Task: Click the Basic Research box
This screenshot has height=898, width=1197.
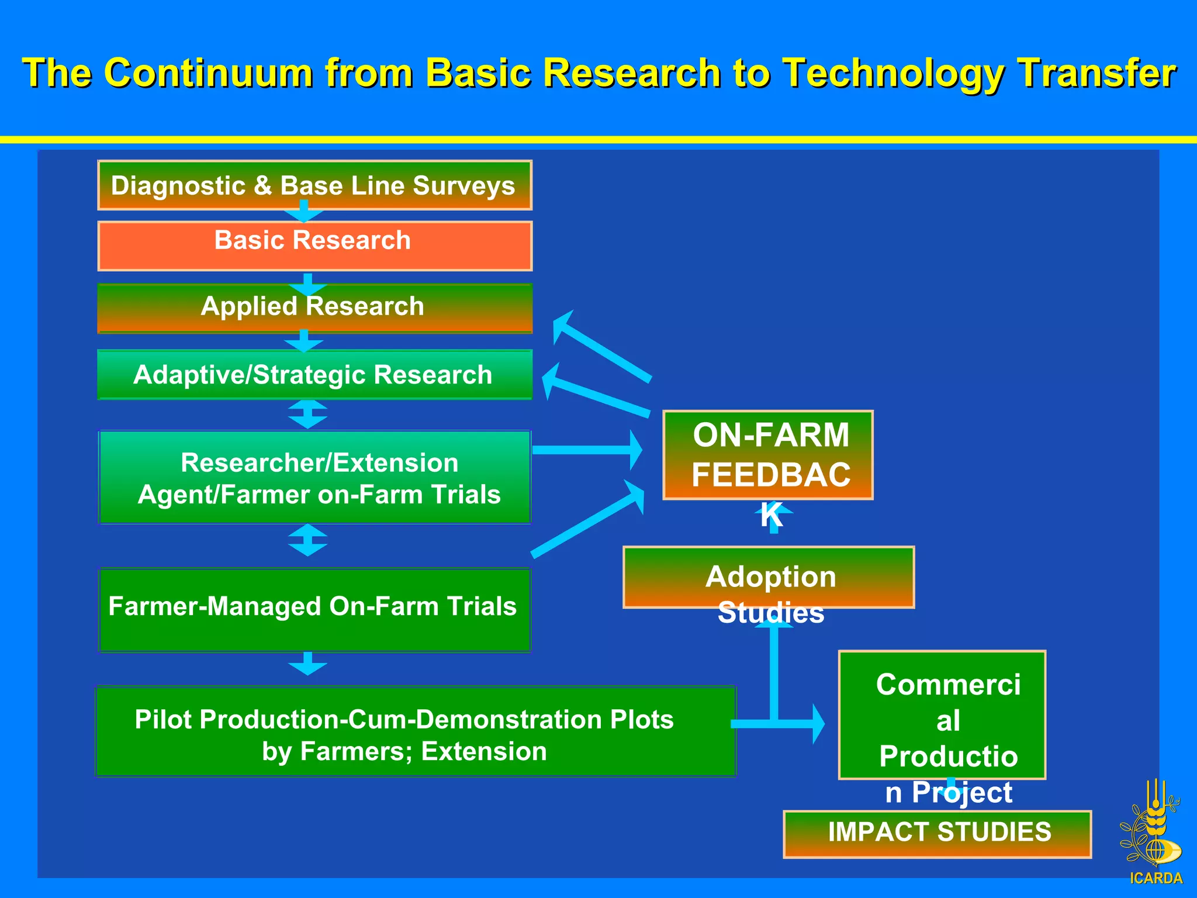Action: pyautogui.click(x=314, y=246)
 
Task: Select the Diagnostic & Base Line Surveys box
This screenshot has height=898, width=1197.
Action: pyautogui.click(x=314, y=185)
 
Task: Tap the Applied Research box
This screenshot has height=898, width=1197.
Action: pyautogui.click(x=314, y=308)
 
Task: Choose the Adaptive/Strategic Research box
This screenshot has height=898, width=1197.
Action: pyautogui.click(x=314, y=375)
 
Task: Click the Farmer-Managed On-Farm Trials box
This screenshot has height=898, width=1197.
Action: pyautogui.click(x=314, y=610)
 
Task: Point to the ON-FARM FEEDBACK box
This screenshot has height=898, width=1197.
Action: pyautogui.click(x=767, y=455)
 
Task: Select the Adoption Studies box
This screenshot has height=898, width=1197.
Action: pyautogui.click(x=769, y=578)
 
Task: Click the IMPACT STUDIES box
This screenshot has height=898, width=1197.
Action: pyautogui.click(x=937, y=834)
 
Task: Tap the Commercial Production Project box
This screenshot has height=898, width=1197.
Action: pyautogui.click(x=942, y=715)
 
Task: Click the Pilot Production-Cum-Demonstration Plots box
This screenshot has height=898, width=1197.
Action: pyautogui.click(x=416, y=731)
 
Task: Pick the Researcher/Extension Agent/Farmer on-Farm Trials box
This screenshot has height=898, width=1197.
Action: pyautogui.click(x=314, y=477)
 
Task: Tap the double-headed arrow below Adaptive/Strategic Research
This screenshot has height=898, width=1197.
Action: pyautogui.click(x=307, y=414)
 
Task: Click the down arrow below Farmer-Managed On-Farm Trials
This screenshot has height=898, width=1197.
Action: pyautogui.click(x=307, y=664)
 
